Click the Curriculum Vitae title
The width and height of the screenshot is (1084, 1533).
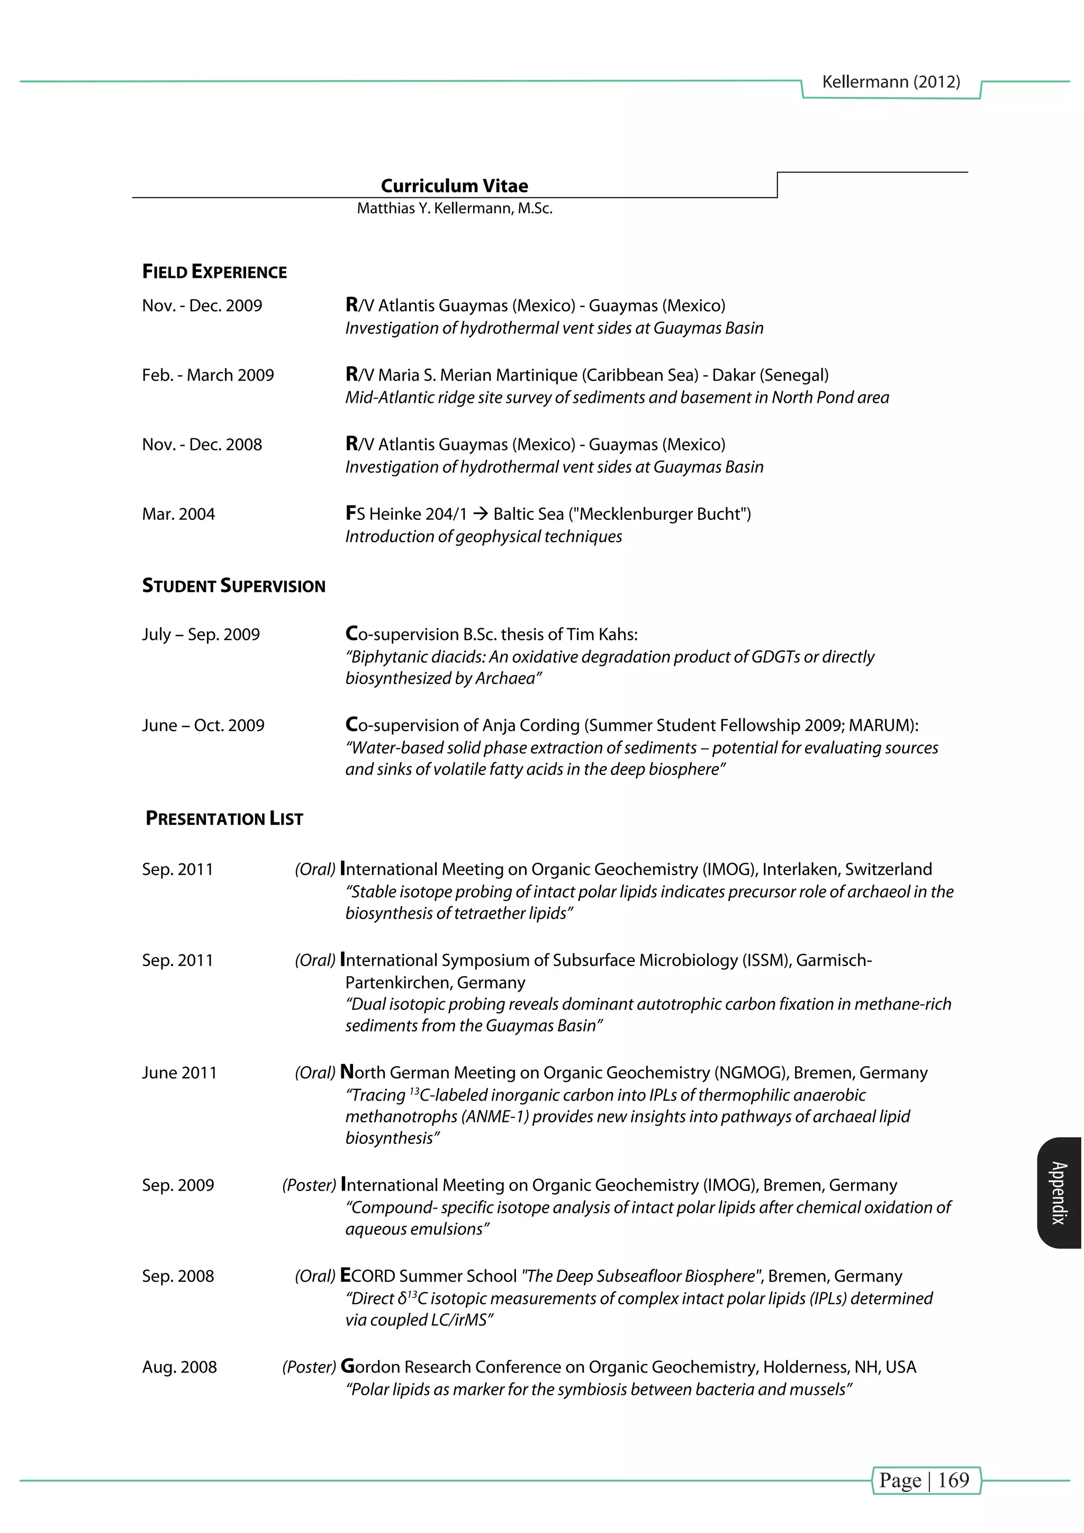click(x=454, y=186)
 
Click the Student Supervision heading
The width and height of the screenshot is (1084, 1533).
click(x=233, y=586)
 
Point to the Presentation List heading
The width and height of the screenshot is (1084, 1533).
click(x=224, y=818)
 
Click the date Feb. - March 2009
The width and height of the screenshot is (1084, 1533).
click(x=207, y=375)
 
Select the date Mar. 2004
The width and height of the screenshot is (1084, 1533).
click(x=178, y=514)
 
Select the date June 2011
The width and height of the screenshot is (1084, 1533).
click(x=179, y=1073)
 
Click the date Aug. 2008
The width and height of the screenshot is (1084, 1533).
click(x=179, y=1367)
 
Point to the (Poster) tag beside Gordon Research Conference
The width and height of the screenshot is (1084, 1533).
click(x=309, y=1367)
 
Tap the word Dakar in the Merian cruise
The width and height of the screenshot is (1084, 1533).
click(x=733, y=375)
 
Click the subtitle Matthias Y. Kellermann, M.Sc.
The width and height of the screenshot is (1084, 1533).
click(x=454, y=209)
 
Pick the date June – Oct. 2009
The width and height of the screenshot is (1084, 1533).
click(x=203, y=725)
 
